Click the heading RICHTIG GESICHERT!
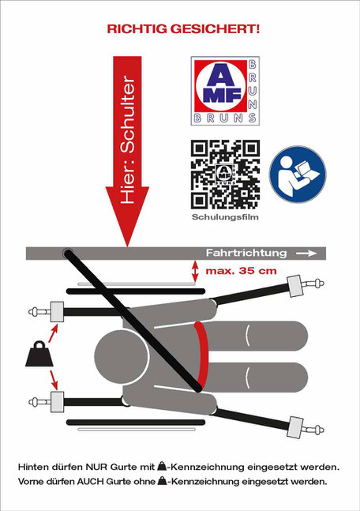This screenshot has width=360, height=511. pos(183,29)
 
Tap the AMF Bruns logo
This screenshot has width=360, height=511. pos(225,91)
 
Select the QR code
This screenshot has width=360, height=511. pos(225,175)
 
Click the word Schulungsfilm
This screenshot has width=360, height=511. pos(225,217)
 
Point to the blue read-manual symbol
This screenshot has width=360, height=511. pos(298,175)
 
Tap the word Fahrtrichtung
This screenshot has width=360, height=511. pos(246,253)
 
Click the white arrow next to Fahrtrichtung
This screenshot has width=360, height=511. pos(306,254)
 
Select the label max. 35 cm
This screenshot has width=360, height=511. pos(241,270)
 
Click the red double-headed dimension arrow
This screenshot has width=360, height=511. pos(195,271)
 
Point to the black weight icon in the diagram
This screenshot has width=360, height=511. pos(39,354)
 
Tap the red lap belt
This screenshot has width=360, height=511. pos(202,355)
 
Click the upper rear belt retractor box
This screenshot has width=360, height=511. pos(57,312)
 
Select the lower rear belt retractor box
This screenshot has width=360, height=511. pos(57,402)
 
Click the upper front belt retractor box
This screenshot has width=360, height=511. pos(294,286)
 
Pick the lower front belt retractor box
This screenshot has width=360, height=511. pos(294,427)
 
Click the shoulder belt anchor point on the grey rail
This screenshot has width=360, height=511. pos(68,253)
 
